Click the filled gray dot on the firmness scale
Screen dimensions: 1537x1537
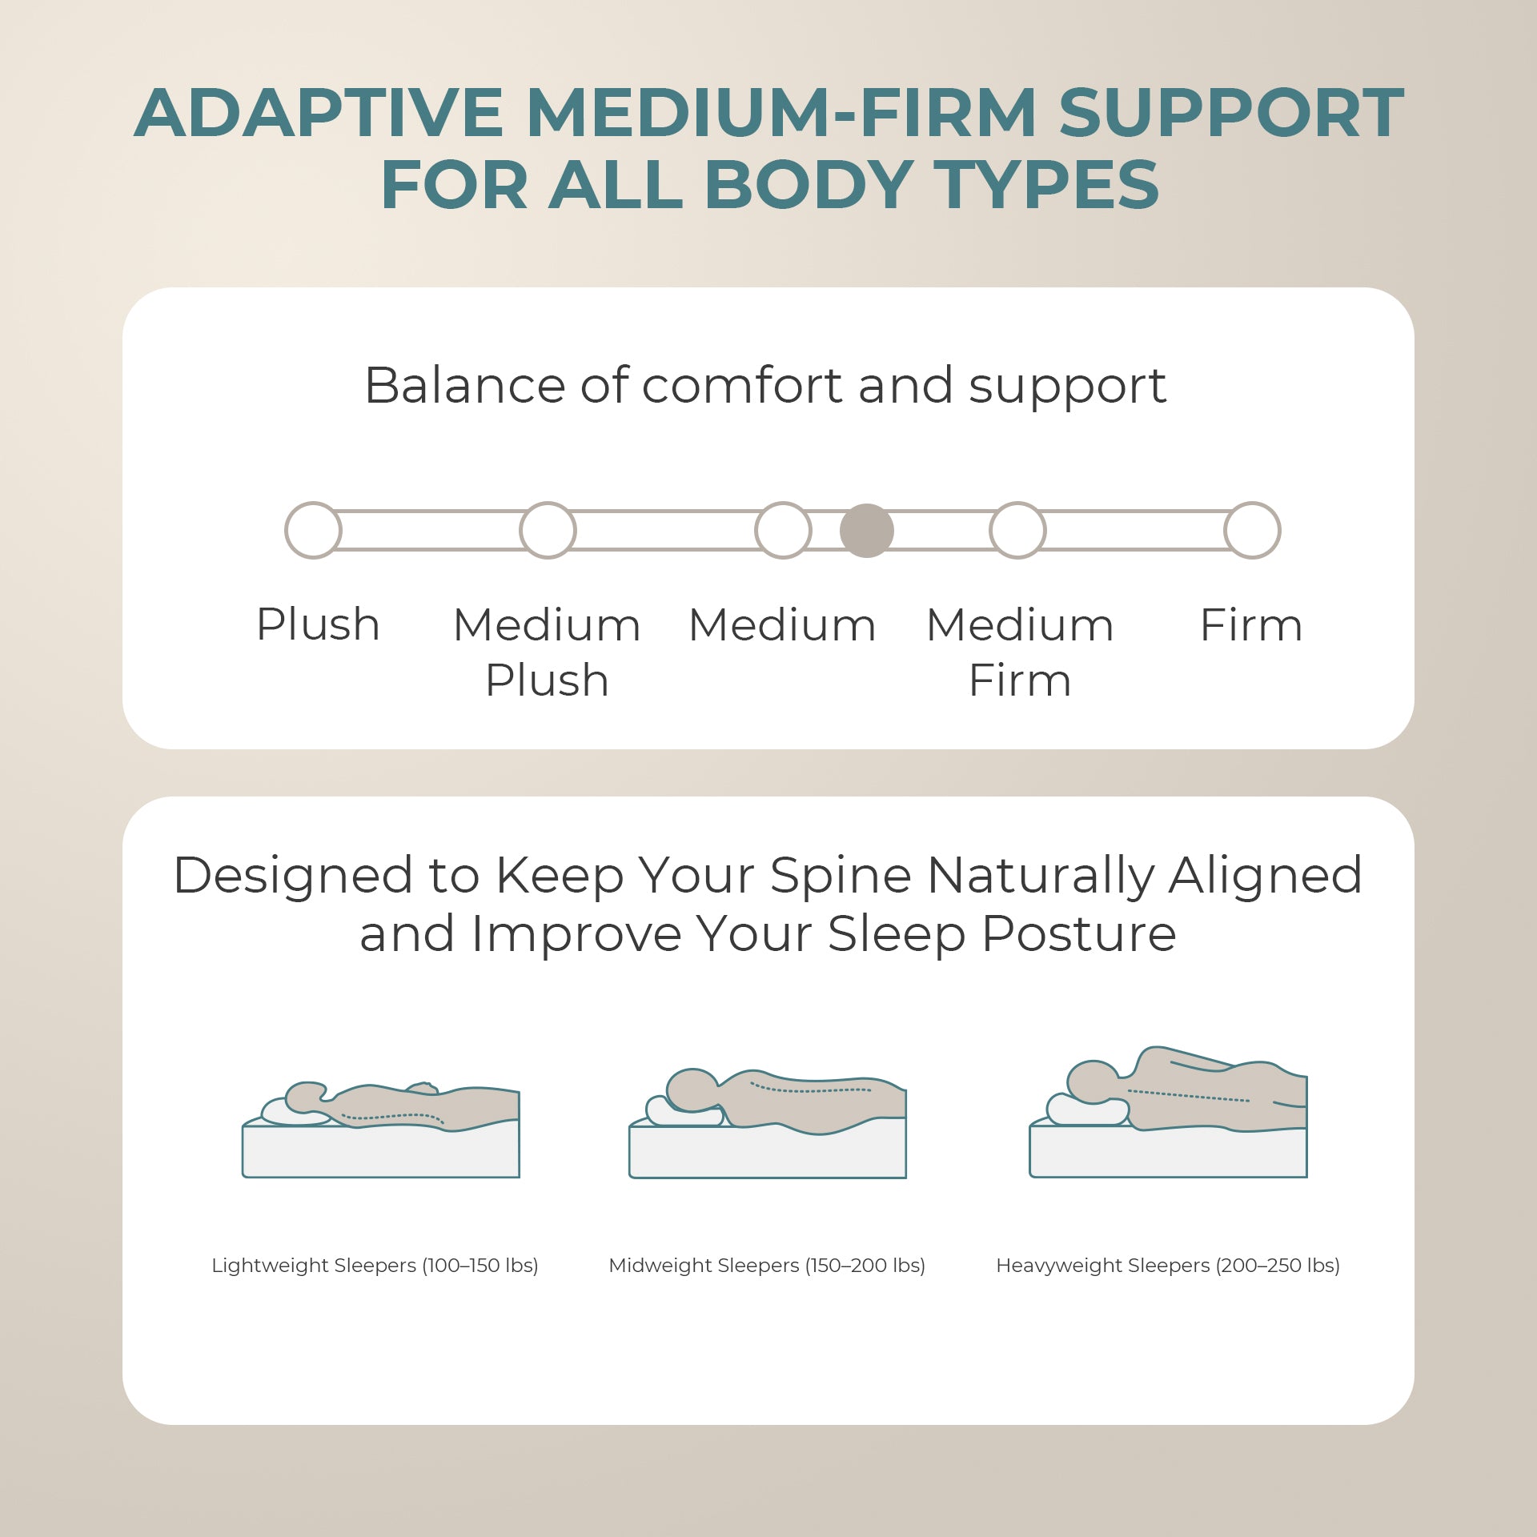[866, 530]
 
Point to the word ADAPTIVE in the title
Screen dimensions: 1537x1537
[319, 113]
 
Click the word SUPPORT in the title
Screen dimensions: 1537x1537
[1231, 113]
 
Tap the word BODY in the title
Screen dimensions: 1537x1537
[809, 185]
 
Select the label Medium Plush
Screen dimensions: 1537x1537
[548, 652]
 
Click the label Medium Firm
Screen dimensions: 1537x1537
[1020, 652]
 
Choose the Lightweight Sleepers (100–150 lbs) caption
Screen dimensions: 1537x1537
[375, 1266]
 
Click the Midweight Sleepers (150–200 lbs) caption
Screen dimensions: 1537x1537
[767, 1266]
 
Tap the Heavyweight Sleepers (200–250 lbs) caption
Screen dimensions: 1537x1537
[1168, 1266]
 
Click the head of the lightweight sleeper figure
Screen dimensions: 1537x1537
[306, 1098]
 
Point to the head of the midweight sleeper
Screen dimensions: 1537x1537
[692, 1090]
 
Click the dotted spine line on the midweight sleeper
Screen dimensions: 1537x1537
[810, 1089]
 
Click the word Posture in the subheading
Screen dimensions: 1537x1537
[1079, 933]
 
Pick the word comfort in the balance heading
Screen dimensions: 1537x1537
[742, 386]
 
